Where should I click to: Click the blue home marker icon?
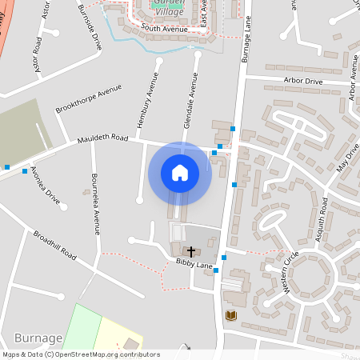(180, 172)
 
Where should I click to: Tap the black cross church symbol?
(190, 251)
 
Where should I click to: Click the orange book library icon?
(231, 316)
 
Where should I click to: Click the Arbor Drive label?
(303, 82)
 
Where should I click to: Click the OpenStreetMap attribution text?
(81, 354)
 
